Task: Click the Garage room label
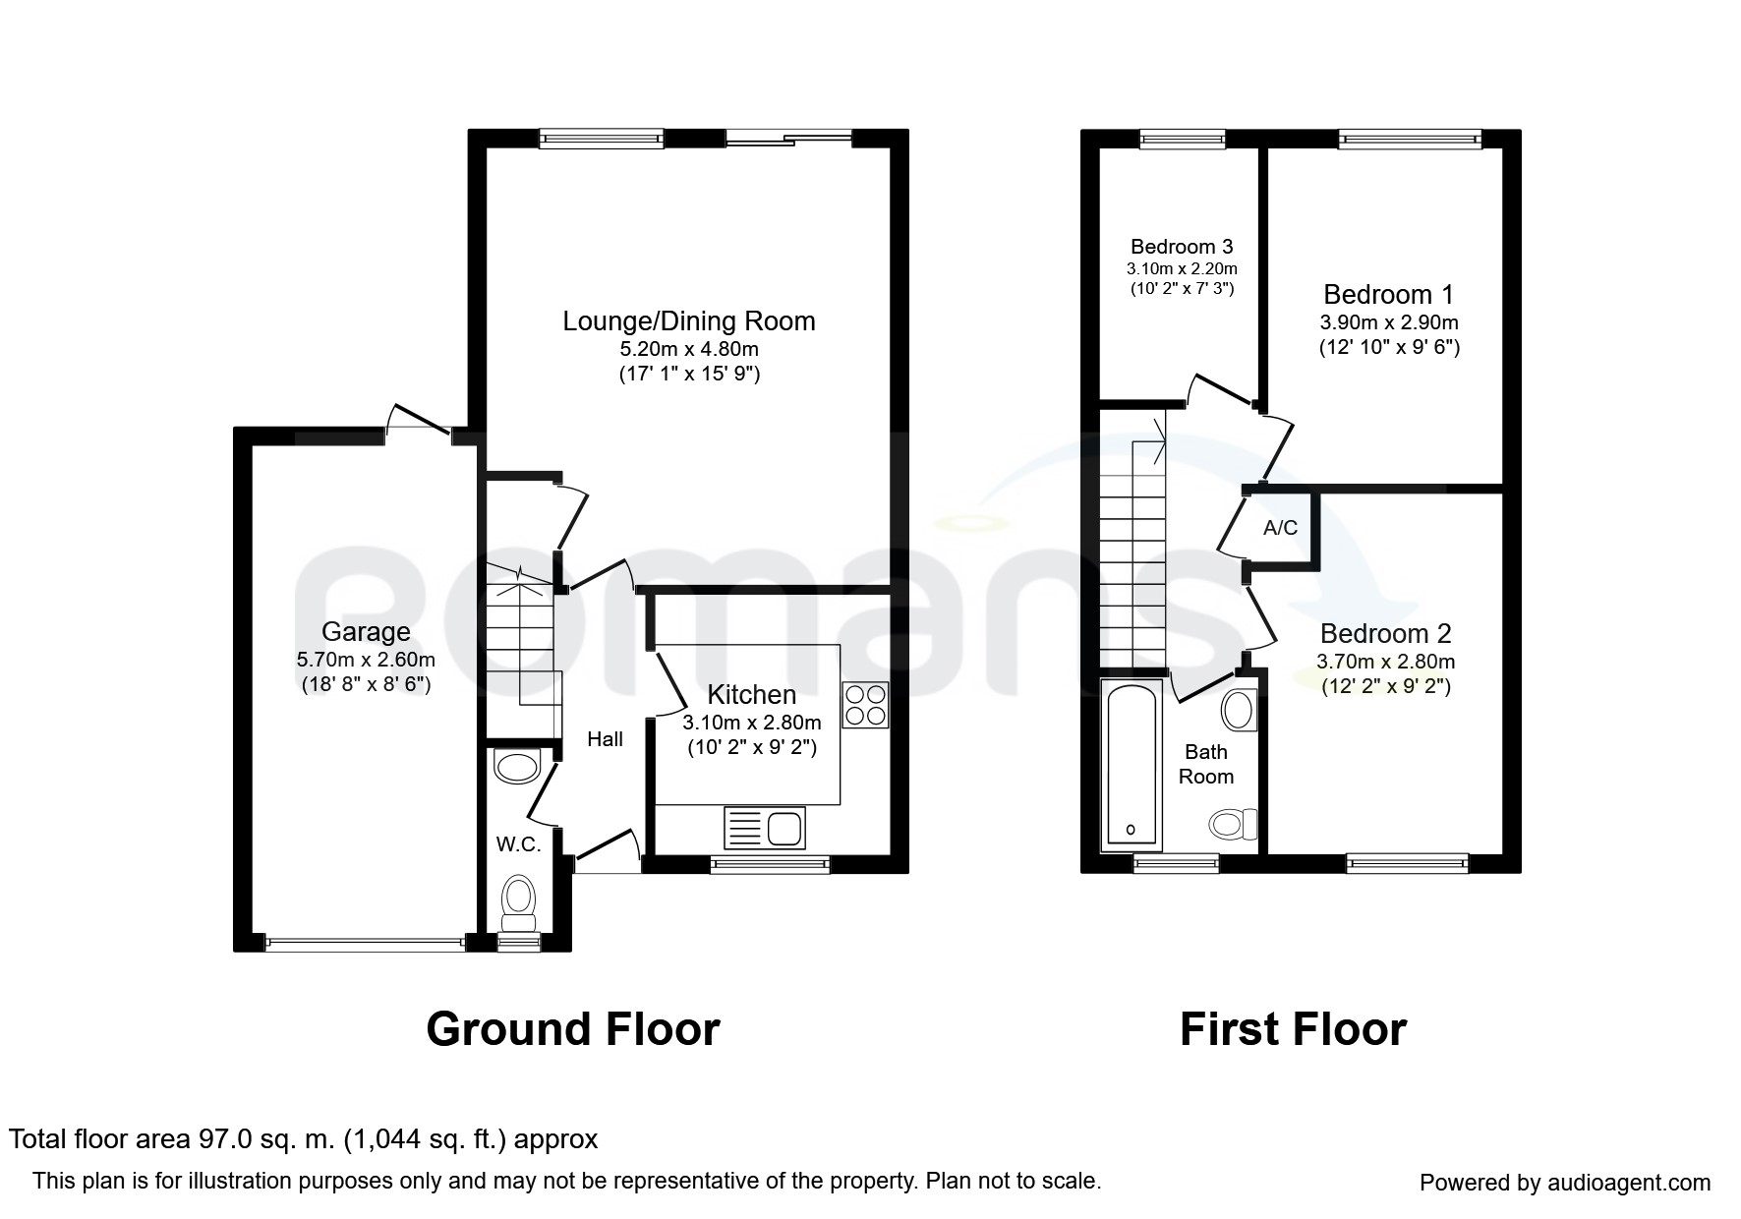[x=366, y=631]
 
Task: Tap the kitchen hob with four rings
[x=865, y=705]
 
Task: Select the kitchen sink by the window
[x=765, y=828]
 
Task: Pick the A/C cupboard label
[x=1280, y=528]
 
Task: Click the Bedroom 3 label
[x=1182, y=247]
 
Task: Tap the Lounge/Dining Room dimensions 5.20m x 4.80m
[x=689, y=349]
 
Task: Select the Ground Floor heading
[x=573, y=1029]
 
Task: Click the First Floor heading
[x=1293, y=1029]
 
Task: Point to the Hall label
[x=606, y=739]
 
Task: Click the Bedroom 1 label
[x=1388, y=294]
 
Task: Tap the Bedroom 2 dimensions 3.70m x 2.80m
[x=1386, y=662]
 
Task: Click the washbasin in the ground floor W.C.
[x=517, y=766]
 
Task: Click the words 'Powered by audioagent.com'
[x=1565, y=1183]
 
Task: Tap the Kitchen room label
[x=752, y=695]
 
